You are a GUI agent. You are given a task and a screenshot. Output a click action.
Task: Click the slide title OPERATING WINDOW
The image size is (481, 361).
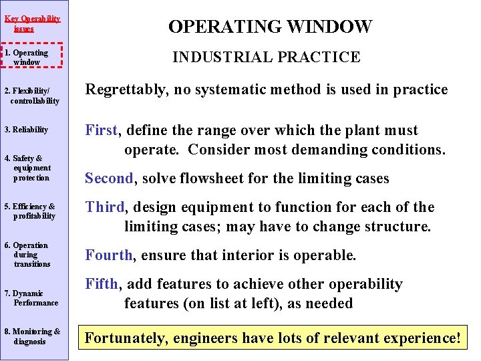click(270, 27)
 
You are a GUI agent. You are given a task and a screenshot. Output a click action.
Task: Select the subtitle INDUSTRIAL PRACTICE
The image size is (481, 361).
click(266, 57)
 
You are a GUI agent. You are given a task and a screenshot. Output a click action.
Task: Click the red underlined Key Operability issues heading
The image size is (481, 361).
click(32, 23)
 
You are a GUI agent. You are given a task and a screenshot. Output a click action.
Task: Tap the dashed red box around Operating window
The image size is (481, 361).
click(32, 57)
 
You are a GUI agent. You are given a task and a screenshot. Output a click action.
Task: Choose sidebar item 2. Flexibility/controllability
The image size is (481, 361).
click(32, 96)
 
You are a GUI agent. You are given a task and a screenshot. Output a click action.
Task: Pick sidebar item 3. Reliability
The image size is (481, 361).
click(27, 130)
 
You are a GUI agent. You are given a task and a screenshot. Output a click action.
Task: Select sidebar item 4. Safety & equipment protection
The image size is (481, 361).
click(29, 168)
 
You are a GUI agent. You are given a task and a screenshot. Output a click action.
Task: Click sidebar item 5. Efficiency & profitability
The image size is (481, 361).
click(31, 211)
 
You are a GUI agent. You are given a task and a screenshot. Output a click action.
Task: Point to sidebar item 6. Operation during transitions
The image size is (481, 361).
click(29, 254)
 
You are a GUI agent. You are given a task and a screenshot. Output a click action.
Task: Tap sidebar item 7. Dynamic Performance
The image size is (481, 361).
click(31, 297)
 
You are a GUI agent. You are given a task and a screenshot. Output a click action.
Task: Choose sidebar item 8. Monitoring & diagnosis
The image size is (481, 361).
click(32, 336)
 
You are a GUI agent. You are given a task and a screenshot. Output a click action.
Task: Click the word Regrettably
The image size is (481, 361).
click(126, 90)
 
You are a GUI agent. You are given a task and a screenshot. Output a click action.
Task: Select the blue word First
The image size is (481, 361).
click(101, 130)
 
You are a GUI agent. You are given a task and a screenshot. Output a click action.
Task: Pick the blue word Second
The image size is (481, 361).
click(109, 178)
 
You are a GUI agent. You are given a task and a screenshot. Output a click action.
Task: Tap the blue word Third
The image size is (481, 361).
click(104, 207)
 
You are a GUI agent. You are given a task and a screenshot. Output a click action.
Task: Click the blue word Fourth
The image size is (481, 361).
click(108, 255)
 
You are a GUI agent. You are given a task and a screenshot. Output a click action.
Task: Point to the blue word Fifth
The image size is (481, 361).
click(102, 284)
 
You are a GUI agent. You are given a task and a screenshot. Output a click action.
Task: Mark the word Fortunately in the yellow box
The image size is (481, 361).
click(126, 338)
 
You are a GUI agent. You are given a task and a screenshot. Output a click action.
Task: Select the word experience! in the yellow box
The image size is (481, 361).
click(422, 338)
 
